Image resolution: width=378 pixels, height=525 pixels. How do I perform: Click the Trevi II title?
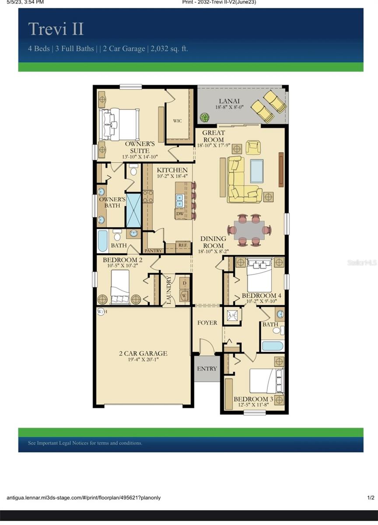pos(56,29)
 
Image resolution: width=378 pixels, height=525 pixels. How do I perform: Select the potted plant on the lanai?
pos(204,117)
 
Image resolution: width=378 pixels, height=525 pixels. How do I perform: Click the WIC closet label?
pos(177,121)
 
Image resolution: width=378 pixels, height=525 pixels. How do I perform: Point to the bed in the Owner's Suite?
pos(119,124)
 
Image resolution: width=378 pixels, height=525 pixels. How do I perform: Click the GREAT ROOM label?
pos(214,136)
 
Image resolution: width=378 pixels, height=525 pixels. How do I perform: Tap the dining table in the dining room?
pos(249,230)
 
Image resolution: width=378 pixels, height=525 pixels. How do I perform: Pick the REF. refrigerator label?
pos(183,246)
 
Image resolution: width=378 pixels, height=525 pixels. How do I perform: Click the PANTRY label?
pos(153,251)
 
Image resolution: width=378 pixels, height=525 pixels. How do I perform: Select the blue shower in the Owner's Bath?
pos(133,210)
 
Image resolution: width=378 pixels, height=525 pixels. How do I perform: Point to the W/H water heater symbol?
pos(101,311)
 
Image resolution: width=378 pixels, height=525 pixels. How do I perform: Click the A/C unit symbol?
pos(232,315)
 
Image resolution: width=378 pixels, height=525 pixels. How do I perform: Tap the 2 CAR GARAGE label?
pos(143,353)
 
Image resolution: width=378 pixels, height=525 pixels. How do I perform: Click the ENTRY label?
pos(207,369)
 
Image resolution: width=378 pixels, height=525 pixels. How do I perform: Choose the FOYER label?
pos(207,323)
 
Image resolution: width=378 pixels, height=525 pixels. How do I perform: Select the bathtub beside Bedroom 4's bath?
pos(273,346)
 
